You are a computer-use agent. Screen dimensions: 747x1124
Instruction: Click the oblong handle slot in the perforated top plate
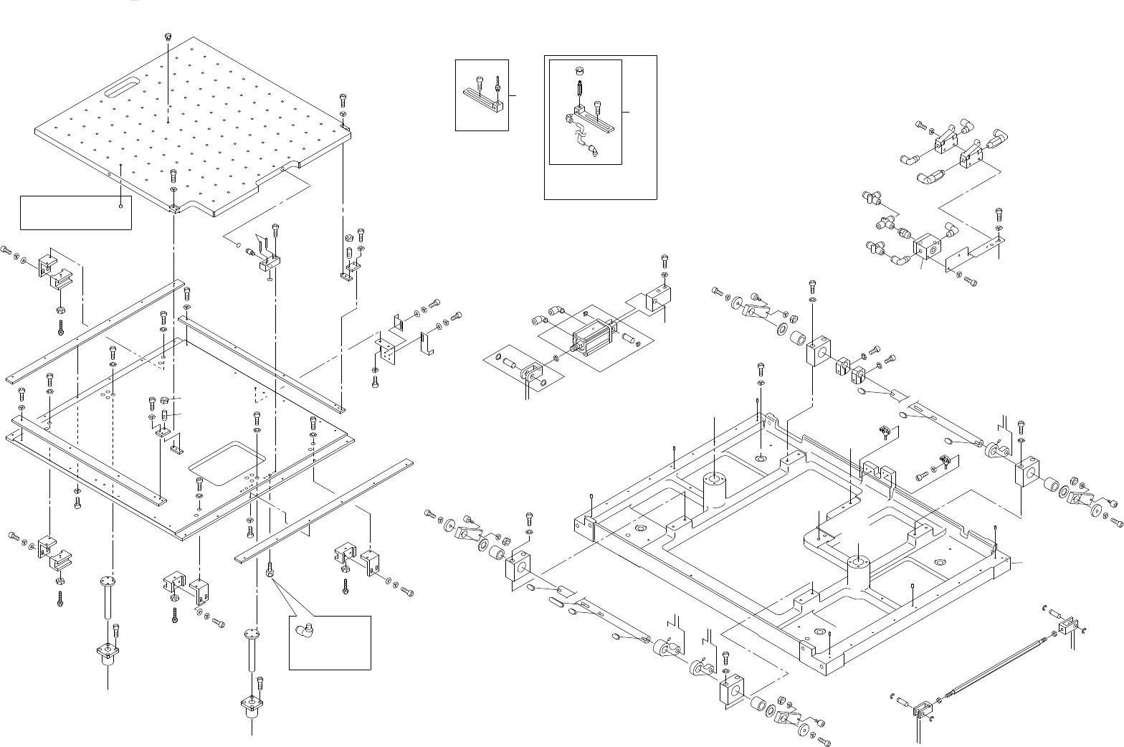tap(123, 91)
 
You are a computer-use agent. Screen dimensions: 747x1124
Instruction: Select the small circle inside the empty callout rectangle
tap(121, 206)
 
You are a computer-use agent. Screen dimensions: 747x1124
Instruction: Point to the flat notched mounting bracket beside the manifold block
tap(975, 254)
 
